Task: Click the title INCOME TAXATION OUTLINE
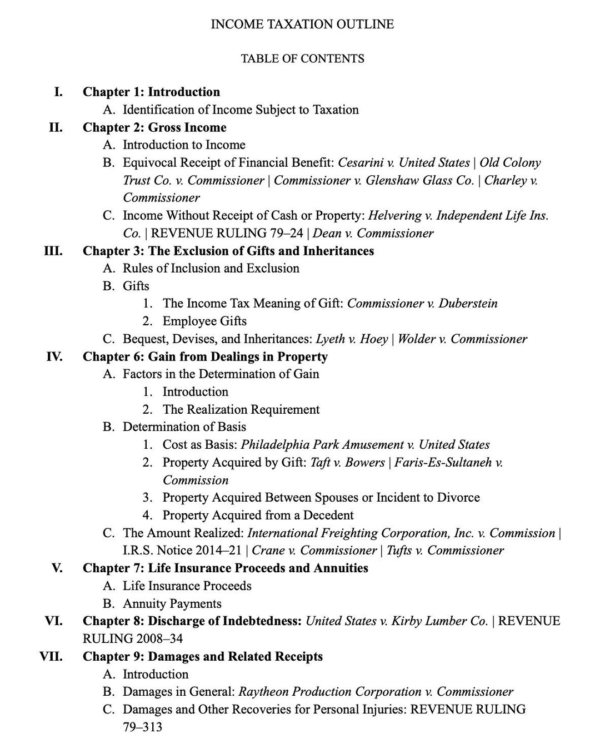302,24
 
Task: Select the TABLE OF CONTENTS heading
302,58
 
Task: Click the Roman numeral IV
53,356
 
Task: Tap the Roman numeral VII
51,656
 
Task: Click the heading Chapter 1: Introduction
151,92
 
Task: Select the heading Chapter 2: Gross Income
154,127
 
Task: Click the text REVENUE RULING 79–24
228,233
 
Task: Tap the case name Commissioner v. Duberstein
422,303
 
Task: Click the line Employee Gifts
204,321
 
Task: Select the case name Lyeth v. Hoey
352,339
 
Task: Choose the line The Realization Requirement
241,409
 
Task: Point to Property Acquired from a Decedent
258,515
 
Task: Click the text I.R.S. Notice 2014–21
184,551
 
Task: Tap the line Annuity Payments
172,603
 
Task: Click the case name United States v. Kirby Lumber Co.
397,621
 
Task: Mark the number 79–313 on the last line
142,727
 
